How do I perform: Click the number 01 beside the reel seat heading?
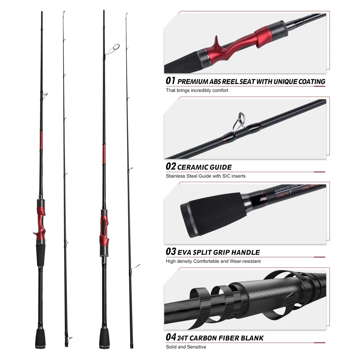click(170, 81)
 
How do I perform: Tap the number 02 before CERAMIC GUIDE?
click(171, 166)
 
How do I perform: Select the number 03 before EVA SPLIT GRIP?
click(171, 252)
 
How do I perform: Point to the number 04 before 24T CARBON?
click(171, 337)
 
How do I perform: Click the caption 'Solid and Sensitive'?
click(186, 347)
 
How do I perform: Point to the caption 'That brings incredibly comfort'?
click(197, 90)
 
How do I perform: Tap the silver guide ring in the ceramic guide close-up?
click(240, 119)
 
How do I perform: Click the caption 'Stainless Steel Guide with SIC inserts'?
click(206, 176)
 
